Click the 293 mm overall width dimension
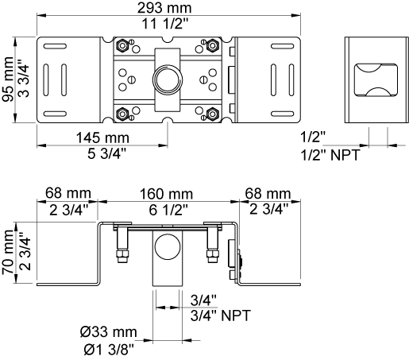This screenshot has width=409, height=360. coord(164,7)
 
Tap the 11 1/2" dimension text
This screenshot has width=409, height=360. coord(164,24)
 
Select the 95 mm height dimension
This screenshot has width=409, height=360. coord(8,79)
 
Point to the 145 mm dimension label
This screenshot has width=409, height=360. coord(102,137)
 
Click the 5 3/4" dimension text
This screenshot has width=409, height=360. coord(106,153)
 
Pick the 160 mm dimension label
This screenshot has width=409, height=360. coord(166,194)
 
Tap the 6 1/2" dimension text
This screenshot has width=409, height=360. coord(168,210)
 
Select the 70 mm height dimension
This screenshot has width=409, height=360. coord(8,252)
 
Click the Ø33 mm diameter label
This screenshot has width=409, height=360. coord(109,332)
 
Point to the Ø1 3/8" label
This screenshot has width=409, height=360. coord(109,350)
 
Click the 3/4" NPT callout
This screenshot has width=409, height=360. coord(220,315)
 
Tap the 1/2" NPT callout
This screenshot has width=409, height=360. coord(330,155)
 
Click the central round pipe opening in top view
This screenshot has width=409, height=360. coord(168,79)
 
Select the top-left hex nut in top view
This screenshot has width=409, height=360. coord(122,46)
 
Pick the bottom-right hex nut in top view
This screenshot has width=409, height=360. coord(212,114)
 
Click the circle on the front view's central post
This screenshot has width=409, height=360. coord(168,247)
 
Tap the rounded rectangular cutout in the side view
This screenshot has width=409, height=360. coord(376,79)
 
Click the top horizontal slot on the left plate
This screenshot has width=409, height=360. coord(55,46)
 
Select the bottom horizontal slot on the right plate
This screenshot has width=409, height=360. coord(283,114)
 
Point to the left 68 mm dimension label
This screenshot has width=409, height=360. coord(68,193)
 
